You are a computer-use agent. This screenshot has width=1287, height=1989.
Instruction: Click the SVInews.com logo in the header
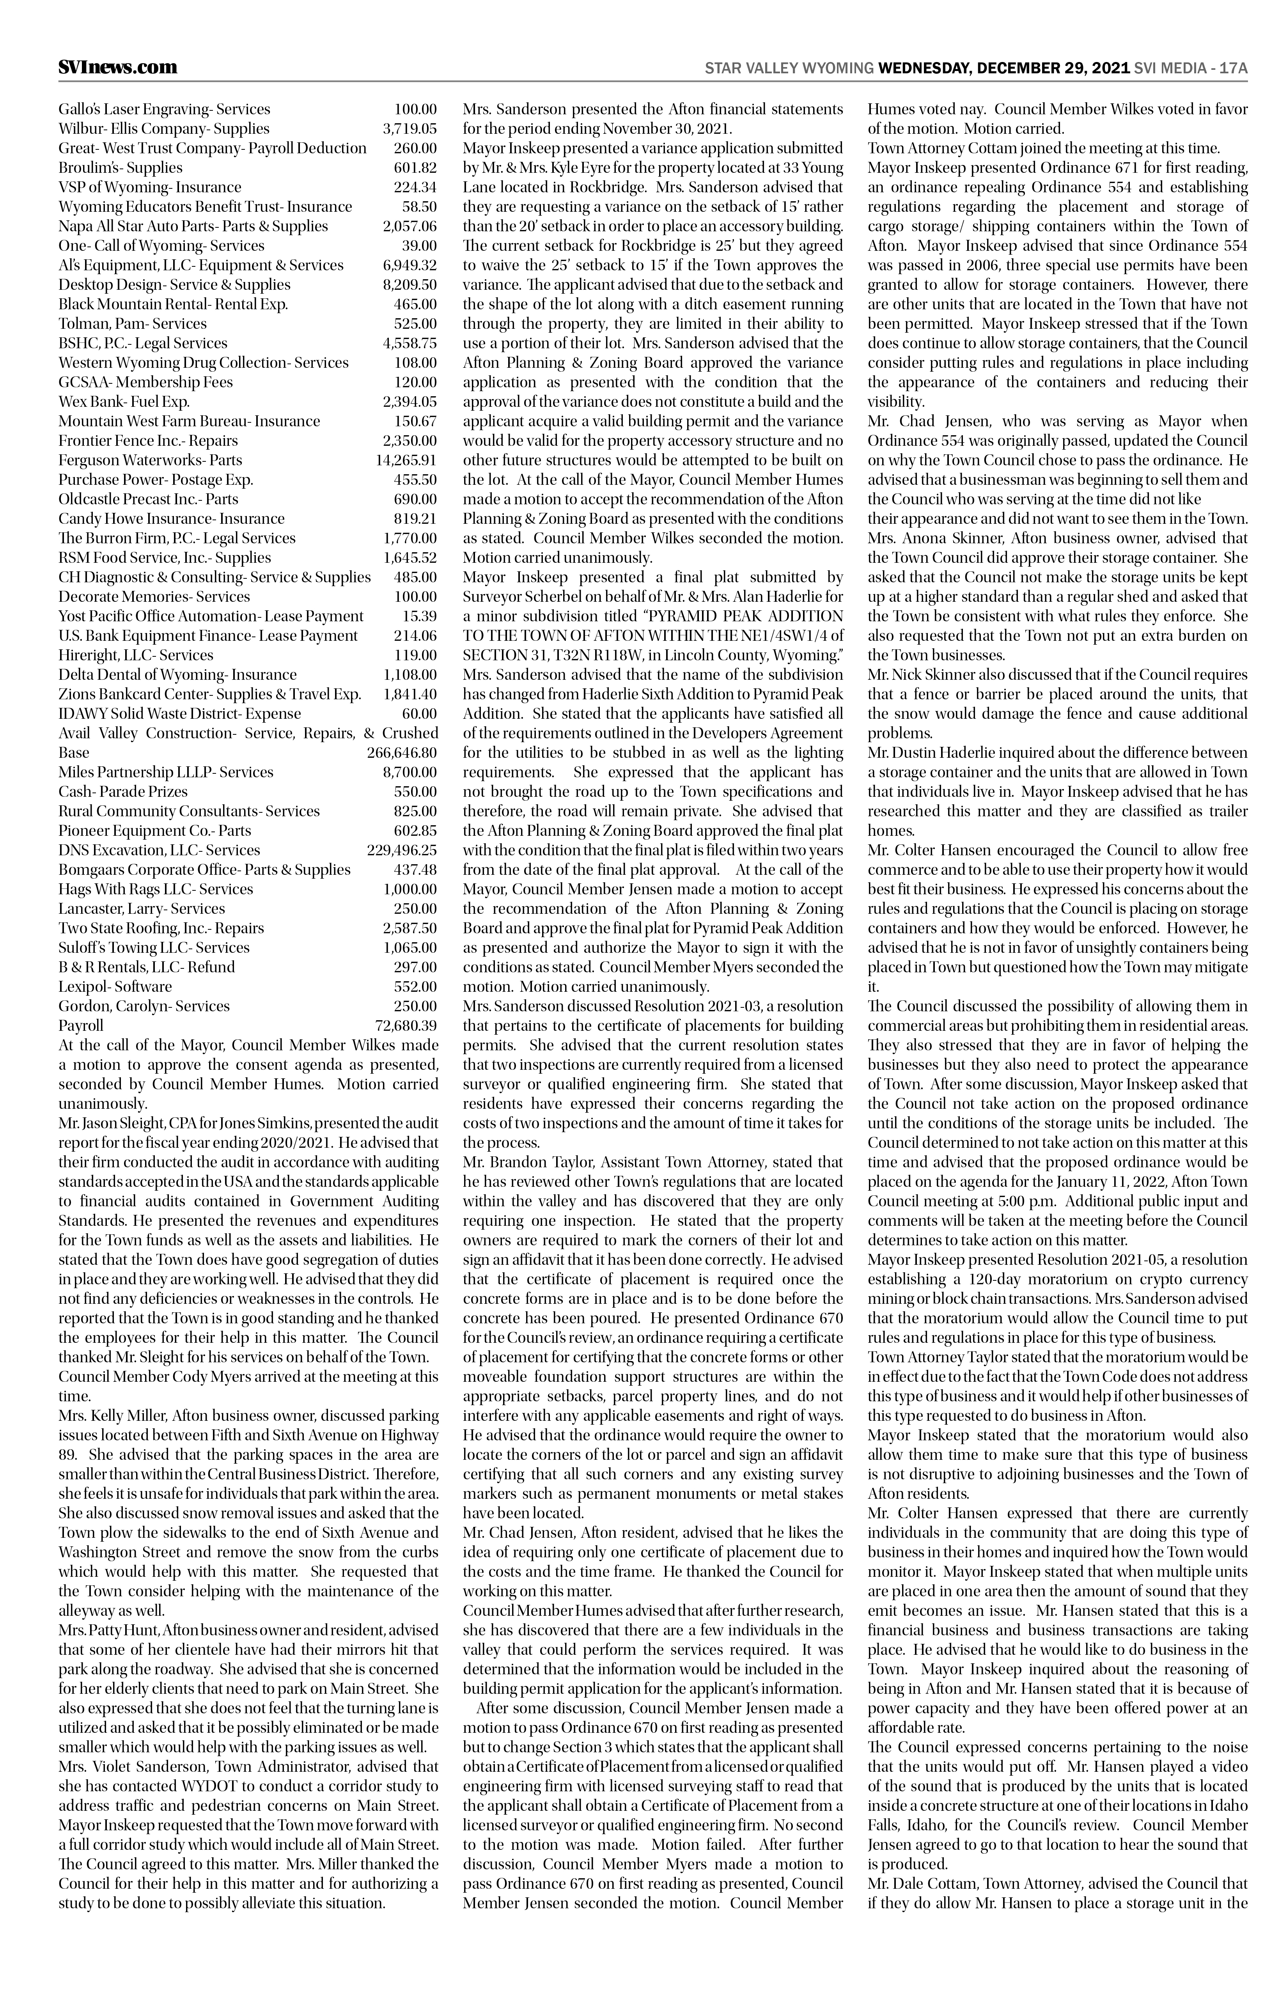click(x=118, y=67)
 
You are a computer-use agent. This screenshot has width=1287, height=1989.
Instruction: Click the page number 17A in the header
click(x=1233, y=68)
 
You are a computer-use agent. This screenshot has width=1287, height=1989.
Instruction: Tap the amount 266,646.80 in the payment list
click(x=402, y=752)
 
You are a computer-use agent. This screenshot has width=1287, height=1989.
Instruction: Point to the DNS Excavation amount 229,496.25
click(x=402, y=850)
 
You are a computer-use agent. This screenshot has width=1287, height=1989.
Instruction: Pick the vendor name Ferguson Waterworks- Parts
click(x=151, y=460)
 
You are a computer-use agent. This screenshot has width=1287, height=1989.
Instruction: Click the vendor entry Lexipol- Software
click(x=115, y=986)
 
